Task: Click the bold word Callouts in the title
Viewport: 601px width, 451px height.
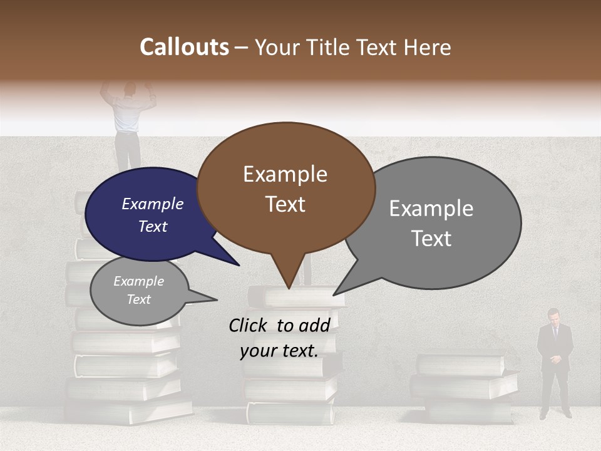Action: [184, 47]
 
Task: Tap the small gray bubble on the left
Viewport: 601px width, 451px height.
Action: [139, 291]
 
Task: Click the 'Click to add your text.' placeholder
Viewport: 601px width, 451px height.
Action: [279, 338]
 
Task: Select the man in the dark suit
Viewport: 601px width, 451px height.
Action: [555, 363]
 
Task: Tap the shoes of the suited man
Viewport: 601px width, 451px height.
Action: [555, 414]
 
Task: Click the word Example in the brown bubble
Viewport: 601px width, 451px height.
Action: [285, 174]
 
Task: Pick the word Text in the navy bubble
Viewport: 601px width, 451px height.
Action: [153, 227]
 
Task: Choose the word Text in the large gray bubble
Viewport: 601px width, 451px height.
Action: [431, 239]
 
